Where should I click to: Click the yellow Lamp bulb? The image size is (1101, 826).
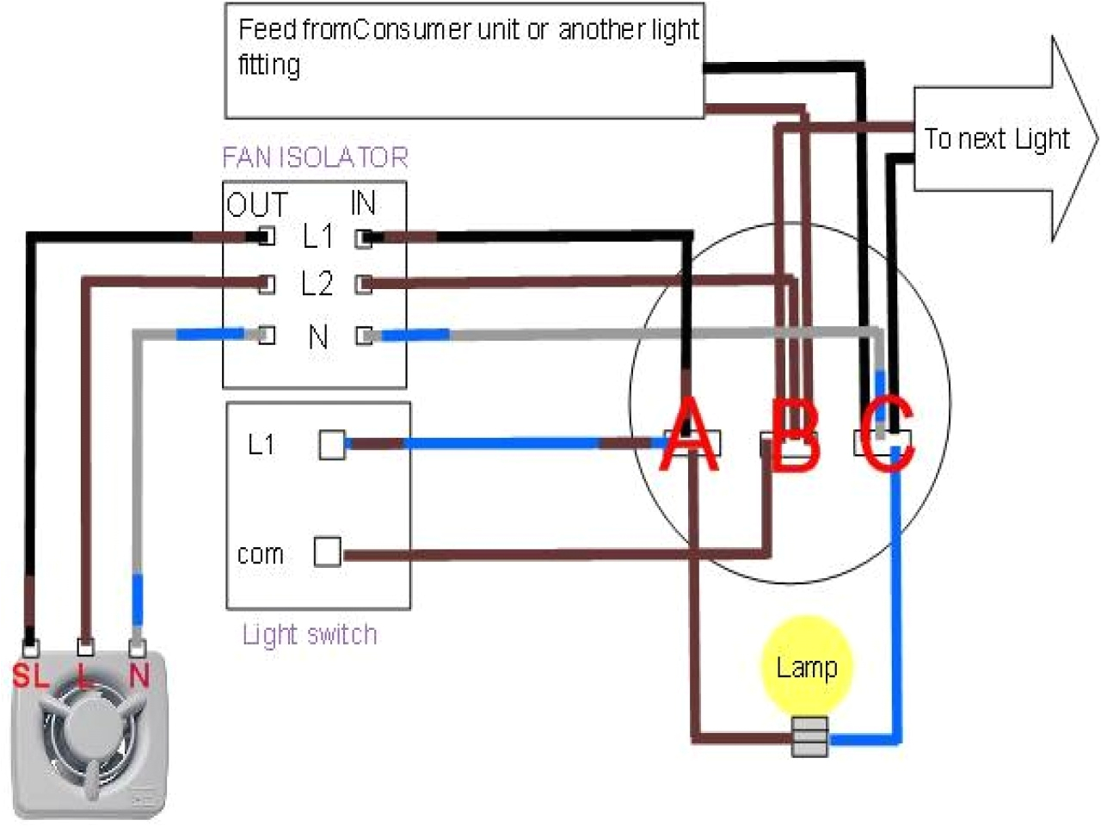pyautogui.click(x=806, y=665)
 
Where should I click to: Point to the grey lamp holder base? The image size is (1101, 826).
pyautogui.click(x=809, y=737)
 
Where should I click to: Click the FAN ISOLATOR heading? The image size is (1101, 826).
pyautogui.click(x=315, y=157)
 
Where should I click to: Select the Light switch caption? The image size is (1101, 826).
pyautogui.click(x=310, y=635)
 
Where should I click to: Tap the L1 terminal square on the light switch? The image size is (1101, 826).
pyautogui.click(x=332, y=444)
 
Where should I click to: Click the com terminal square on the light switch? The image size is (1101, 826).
pyautogui.click(x=327, y=552)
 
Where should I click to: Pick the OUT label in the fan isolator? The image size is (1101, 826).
pyautogui.click(x=256, y=205)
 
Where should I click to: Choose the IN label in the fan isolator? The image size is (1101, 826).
pyautogui.click(x=363, y=203)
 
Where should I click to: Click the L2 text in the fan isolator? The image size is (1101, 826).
pyautogui.click(x=317, y=283)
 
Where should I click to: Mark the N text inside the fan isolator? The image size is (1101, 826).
pyautogui.click(x=318, y=336)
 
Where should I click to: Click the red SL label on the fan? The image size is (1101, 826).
pyautogui.click(x=31, y=675)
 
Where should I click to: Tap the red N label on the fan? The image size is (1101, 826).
pyautogui.click(x=138, y=675)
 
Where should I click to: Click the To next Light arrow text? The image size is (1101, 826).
pyautogui.click(x=996, y=139)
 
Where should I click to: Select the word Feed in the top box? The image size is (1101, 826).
pyautogui.click(x=267, y=29)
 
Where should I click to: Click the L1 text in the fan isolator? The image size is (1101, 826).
pyautogui.click(x=317, y=236)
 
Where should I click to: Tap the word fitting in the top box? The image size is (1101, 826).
pyautogui.click(x=269, y=65)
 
